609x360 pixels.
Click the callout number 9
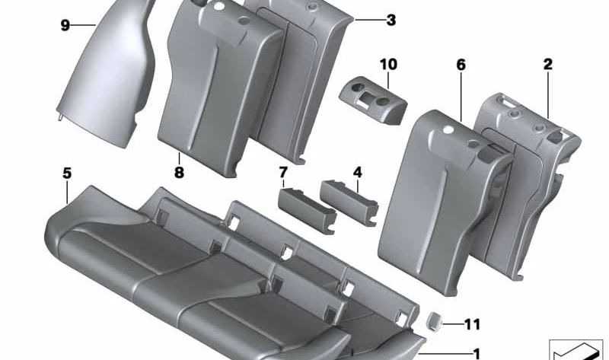pyautogui.click(x=65, y=26)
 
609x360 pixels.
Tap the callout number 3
pyautogui.click(x=391, y=21)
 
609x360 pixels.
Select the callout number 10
pyautogui.click(x=388, y=64)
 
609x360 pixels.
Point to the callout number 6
pyautogui.click(x=461, y=65)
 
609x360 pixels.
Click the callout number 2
pyautogui.click(x=547, y=65)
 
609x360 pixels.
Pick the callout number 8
pyautogui.click(x=179, y=173)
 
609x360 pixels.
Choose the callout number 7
pyautogui.click(x=283, y=172)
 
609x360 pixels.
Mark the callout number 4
pyautogui.click(x=357, y=172)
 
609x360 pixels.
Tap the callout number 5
pyautogui.click(x=67, y=174)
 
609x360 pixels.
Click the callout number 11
pyautogui.click(x=472, y=325)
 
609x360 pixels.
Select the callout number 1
pyautogui.click(x=477, y=353)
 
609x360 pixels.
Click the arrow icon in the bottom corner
pyautogui.click(x=576, y=348)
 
